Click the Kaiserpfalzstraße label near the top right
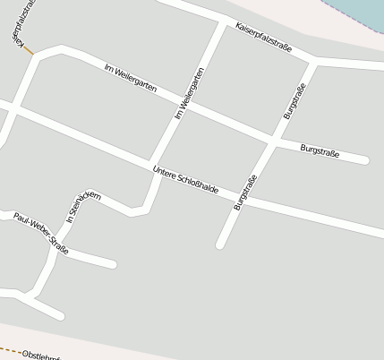[263, 39]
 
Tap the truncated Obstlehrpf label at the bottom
[39, 356]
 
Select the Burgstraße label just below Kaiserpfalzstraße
[294, 100]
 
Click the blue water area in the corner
[363, 13]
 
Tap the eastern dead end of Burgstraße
[364, 160]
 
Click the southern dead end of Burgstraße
[220, 244]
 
